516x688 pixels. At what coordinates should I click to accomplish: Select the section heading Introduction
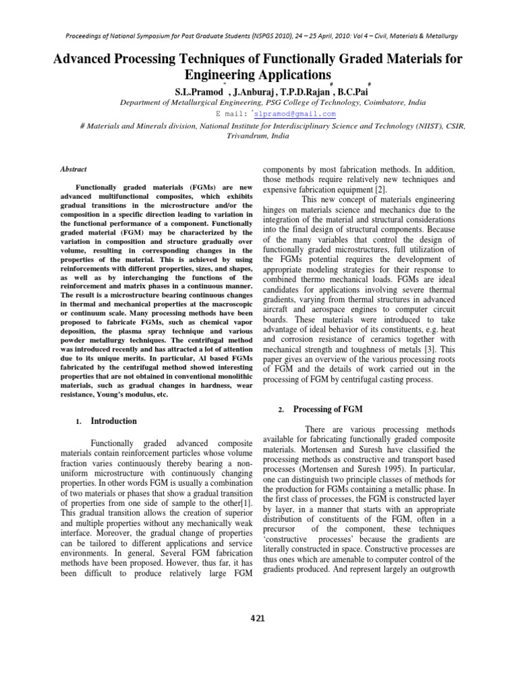114,421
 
